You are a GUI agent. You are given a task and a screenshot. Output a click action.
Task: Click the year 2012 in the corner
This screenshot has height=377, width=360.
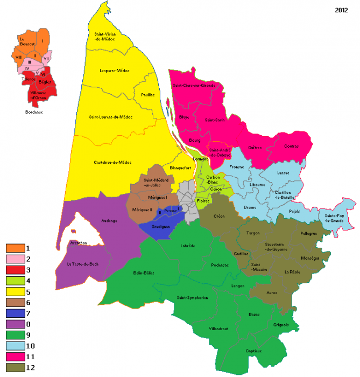tap(341, 10)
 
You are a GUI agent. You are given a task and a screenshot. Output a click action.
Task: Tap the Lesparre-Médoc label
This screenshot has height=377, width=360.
tap(113, 70)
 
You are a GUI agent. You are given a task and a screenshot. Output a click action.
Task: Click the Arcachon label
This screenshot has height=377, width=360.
tap(79, 242)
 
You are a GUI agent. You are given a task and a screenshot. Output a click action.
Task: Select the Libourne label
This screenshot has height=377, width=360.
tap(257, 185)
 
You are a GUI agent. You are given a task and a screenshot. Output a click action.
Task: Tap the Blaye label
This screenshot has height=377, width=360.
tap(184, 116)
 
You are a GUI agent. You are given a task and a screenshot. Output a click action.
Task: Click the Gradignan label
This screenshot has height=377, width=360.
tap(162, 227)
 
